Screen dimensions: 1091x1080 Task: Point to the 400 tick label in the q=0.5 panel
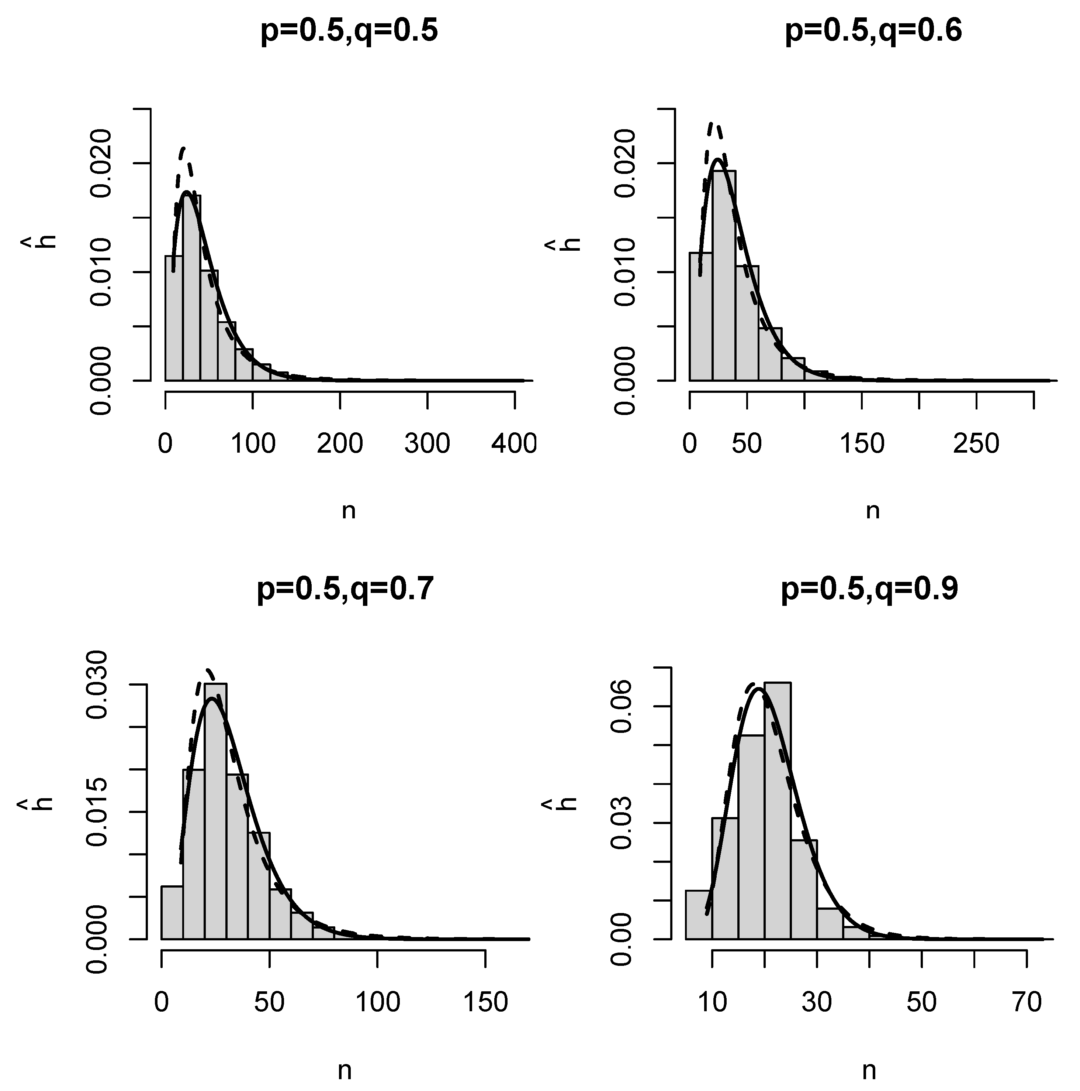[x=514, y=444]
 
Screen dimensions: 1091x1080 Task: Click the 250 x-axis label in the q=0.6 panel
[x=976, y=444]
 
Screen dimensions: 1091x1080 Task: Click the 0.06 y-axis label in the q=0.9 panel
[x=622, y=706]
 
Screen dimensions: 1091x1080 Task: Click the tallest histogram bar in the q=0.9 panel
[x=778, y=813]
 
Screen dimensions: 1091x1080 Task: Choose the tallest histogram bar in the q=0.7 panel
[x=215, y=813]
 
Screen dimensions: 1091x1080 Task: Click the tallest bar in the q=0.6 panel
[x=724, y=277]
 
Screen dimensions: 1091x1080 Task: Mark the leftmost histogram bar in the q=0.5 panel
[x=174, y=319]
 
